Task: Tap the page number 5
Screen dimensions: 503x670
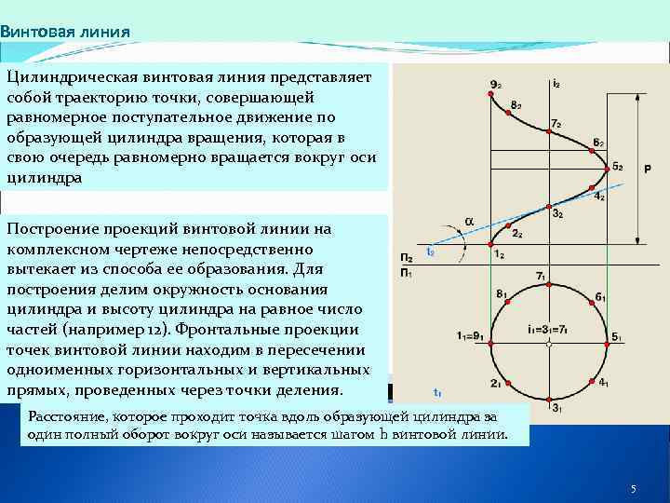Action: [x=632, y=489]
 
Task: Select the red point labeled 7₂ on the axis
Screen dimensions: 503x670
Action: [x=549, y=133]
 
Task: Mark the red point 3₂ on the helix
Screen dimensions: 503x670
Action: [x=549, y=206]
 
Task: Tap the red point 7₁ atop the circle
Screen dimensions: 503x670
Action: [x=549, y=284]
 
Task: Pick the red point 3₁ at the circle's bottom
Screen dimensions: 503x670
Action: [x=549, y=401]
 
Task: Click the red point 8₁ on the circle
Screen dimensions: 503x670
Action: [x=508, y=302]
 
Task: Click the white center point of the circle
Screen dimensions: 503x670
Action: [x=549, y=343]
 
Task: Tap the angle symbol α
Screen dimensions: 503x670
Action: [x=469, y=222]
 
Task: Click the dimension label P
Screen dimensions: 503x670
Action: [x=647, y=169]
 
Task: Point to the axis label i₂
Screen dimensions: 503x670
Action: [x=556, y=84]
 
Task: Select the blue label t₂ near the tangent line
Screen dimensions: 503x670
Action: [x=430, y=251]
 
